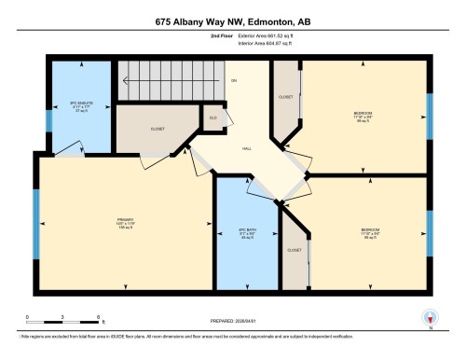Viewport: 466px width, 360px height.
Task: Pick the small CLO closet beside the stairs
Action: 213,118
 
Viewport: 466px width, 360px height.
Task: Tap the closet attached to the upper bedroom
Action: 285,96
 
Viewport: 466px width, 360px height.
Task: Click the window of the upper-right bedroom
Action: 430,116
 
